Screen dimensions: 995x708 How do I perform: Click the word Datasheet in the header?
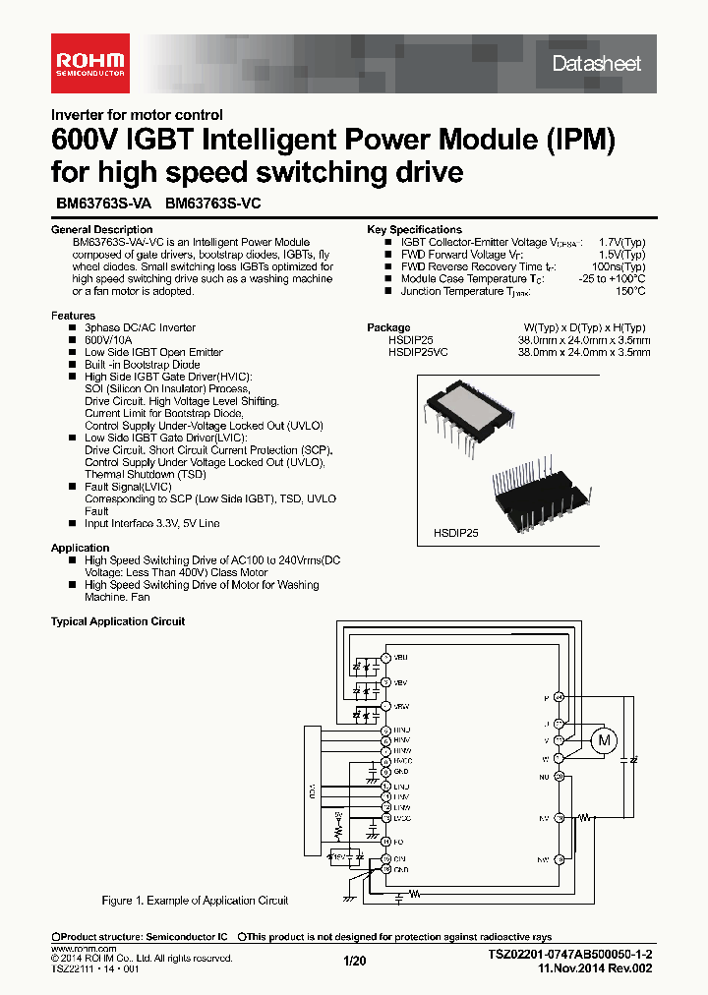(596, 64)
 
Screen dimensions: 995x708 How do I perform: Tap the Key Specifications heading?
(414, 229)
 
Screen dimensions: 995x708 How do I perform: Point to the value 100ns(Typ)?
(619, 266)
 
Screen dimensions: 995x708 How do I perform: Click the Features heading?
(73, 316)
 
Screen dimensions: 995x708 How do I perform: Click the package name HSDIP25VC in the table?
(418, 351)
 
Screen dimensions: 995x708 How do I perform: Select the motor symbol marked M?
(606, 738)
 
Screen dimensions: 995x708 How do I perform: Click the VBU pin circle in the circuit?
(385, 657)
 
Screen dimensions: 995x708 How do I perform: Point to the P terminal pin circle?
(559, 697)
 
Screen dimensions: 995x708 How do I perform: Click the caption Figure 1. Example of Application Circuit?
(195, 900)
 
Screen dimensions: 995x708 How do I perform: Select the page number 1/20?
(354, 962)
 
